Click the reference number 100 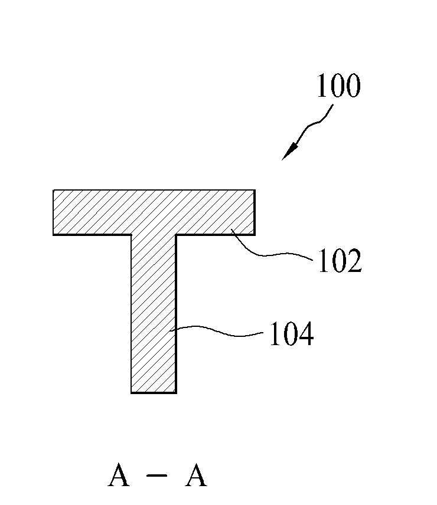point(338,86)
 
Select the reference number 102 point(340,261)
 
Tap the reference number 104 point(292,334)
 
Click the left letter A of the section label point(119,475)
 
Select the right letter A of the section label point(196,475)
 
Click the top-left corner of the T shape point(53,190)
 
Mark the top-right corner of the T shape point(255,190)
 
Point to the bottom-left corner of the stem point(131,393)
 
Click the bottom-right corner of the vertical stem point(177,393)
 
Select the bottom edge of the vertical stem point(154,393)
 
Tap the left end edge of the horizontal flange point(53,212)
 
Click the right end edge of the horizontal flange point(255,212)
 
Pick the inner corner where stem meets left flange point(131,235)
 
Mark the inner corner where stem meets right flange point(177,235)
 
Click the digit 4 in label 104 point(306,334)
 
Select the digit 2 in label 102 point(354,261)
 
